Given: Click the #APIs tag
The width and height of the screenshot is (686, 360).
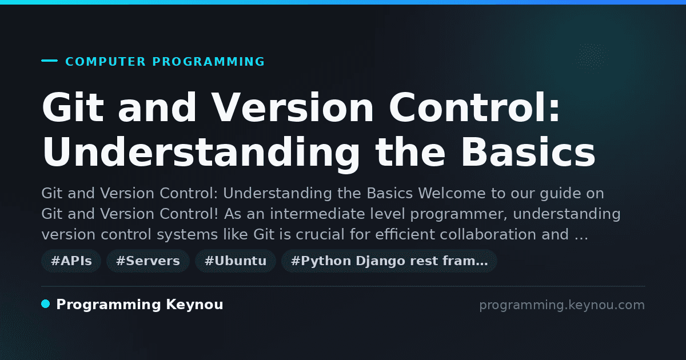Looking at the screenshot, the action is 71,261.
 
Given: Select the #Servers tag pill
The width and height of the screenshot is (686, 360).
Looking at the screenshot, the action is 148,261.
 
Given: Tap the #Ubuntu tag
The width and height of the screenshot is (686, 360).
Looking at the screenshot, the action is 236,261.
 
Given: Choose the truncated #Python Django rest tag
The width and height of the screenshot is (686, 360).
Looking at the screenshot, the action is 389,261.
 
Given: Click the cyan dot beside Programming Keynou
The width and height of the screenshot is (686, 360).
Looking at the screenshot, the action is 46,304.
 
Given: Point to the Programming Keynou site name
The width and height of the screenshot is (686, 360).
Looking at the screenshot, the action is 139,305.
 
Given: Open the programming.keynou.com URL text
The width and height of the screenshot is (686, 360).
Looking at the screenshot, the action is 562,305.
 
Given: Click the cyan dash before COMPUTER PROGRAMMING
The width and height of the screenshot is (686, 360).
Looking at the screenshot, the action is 49,61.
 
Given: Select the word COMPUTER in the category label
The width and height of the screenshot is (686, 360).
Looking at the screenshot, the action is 106,62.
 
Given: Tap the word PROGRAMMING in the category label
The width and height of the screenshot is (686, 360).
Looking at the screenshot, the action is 209,62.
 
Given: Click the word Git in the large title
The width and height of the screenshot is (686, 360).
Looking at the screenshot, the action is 73,107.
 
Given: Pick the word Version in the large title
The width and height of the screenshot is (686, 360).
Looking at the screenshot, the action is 293,107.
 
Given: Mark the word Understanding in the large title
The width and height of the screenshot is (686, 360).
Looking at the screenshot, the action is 201,152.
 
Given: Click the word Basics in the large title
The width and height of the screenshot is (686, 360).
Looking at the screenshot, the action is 528,152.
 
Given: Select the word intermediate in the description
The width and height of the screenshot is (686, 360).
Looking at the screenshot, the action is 317,214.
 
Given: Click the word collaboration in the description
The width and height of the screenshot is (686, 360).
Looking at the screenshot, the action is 488,234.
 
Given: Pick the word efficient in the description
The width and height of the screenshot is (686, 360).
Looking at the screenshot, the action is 405,234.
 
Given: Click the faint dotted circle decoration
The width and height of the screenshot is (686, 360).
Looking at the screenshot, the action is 591,57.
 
